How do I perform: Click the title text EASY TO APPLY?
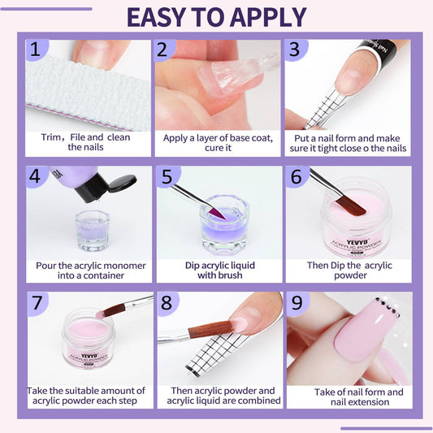(216, 16)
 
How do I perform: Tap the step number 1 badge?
(35, 50)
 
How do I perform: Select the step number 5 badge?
(166, 176)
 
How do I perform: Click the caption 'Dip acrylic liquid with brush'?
(218, 270)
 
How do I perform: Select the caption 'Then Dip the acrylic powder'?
(349, 270)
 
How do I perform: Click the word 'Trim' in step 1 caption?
(53, 137)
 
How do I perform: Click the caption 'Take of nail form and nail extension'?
(349, 396)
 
